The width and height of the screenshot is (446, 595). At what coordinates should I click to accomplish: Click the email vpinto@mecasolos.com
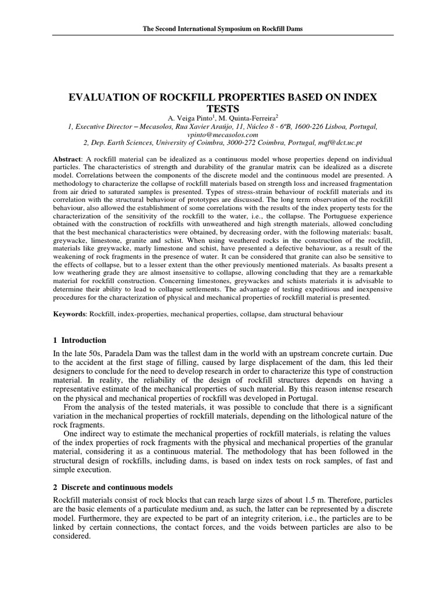(222, 134)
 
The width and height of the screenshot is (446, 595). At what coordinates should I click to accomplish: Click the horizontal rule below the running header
(223, 35)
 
